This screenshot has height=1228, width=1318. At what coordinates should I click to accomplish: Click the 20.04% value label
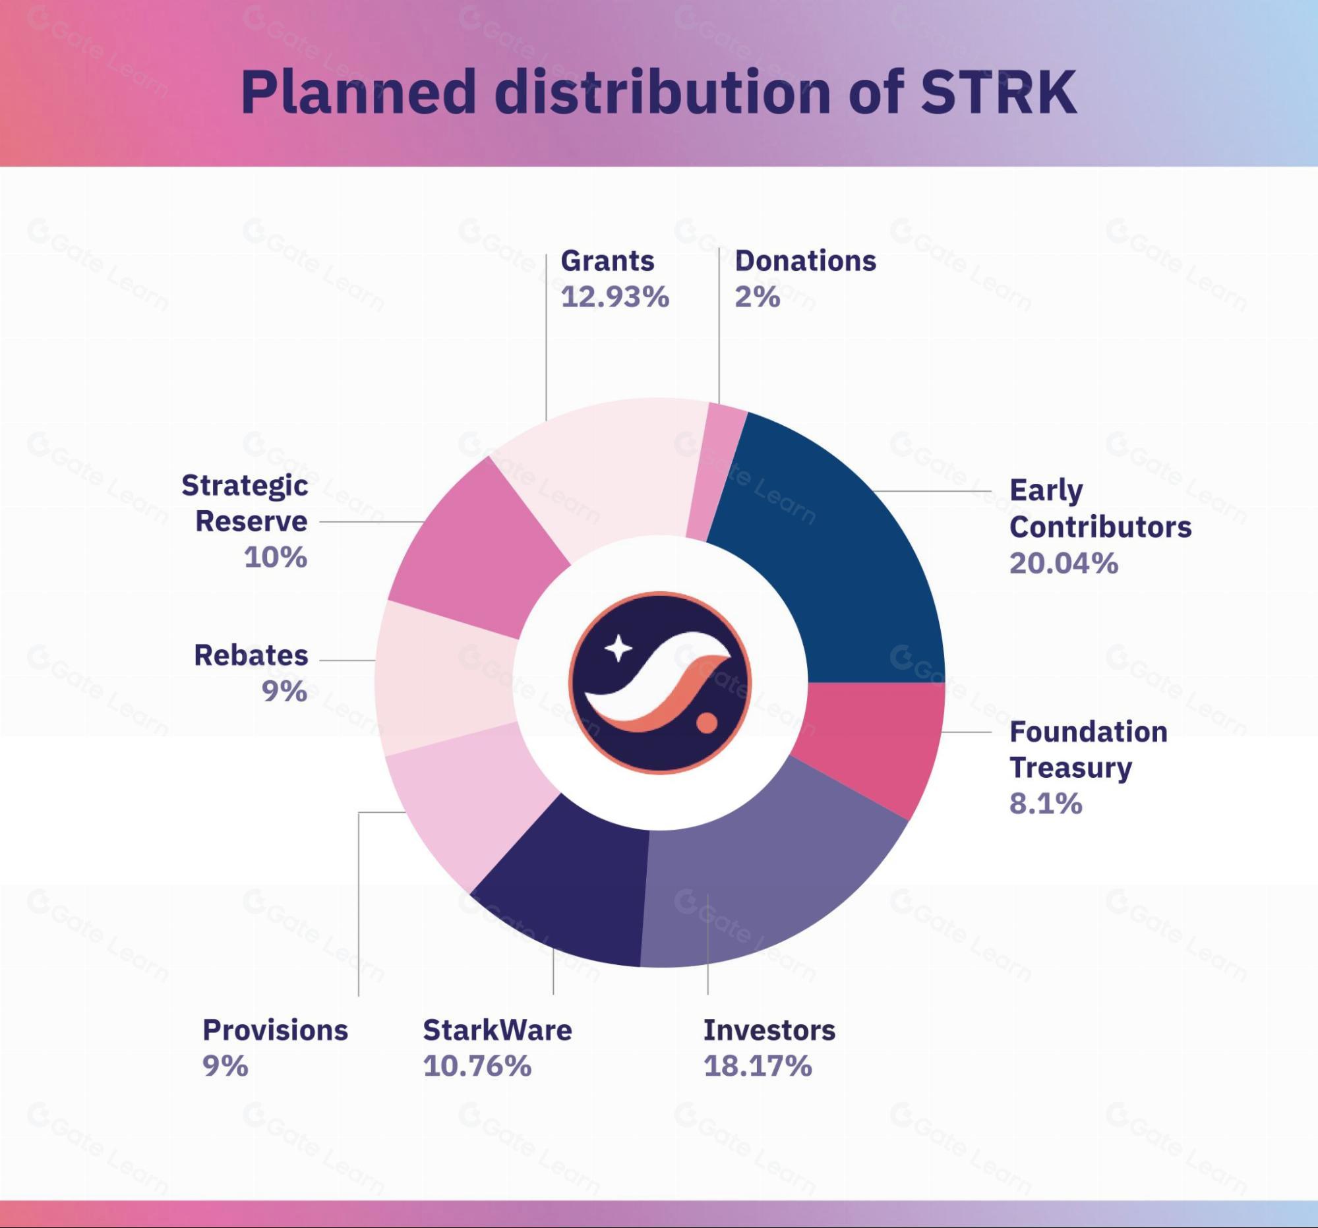point(1063,564)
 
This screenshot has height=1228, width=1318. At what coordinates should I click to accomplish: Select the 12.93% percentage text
point(614,297)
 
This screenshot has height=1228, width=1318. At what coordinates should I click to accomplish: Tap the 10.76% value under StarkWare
point(477,1067)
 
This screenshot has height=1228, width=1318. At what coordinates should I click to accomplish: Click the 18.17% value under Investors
point(757,1067)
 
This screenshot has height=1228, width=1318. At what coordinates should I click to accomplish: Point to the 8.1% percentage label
point(1046,804)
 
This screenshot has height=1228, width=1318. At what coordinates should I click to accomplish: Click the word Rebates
point(251,655)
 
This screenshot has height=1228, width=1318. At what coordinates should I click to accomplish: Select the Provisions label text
point(275,1030)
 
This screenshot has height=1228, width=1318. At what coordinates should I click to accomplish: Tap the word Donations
point(805,261)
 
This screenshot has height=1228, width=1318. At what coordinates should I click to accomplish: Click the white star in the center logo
point(618,648)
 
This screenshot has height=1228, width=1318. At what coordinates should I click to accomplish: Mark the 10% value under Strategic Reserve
point(276,558)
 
